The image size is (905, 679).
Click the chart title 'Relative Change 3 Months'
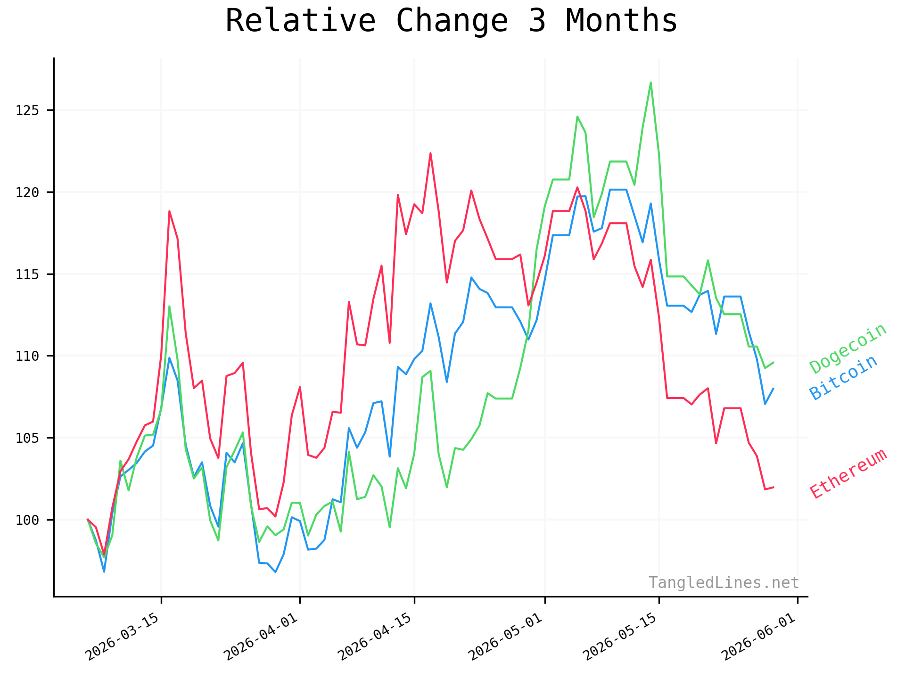point(452,21)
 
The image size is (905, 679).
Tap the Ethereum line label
point(848,473)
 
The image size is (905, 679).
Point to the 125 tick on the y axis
point(26,110)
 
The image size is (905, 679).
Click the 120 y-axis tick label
point(26,192)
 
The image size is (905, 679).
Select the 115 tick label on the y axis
point(26,274)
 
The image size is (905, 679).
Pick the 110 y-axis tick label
point(26,356)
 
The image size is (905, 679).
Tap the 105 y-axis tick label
point(26,438)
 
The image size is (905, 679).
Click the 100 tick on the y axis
point(26,520)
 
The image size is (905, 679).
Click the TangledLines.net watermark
point(724,583)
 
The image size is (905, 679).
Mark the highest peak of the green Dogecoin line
point(651,83)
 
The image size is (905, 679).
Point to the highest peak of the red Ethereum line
point(430,153)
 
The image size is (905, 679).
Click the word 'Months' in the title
point(621,21)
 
